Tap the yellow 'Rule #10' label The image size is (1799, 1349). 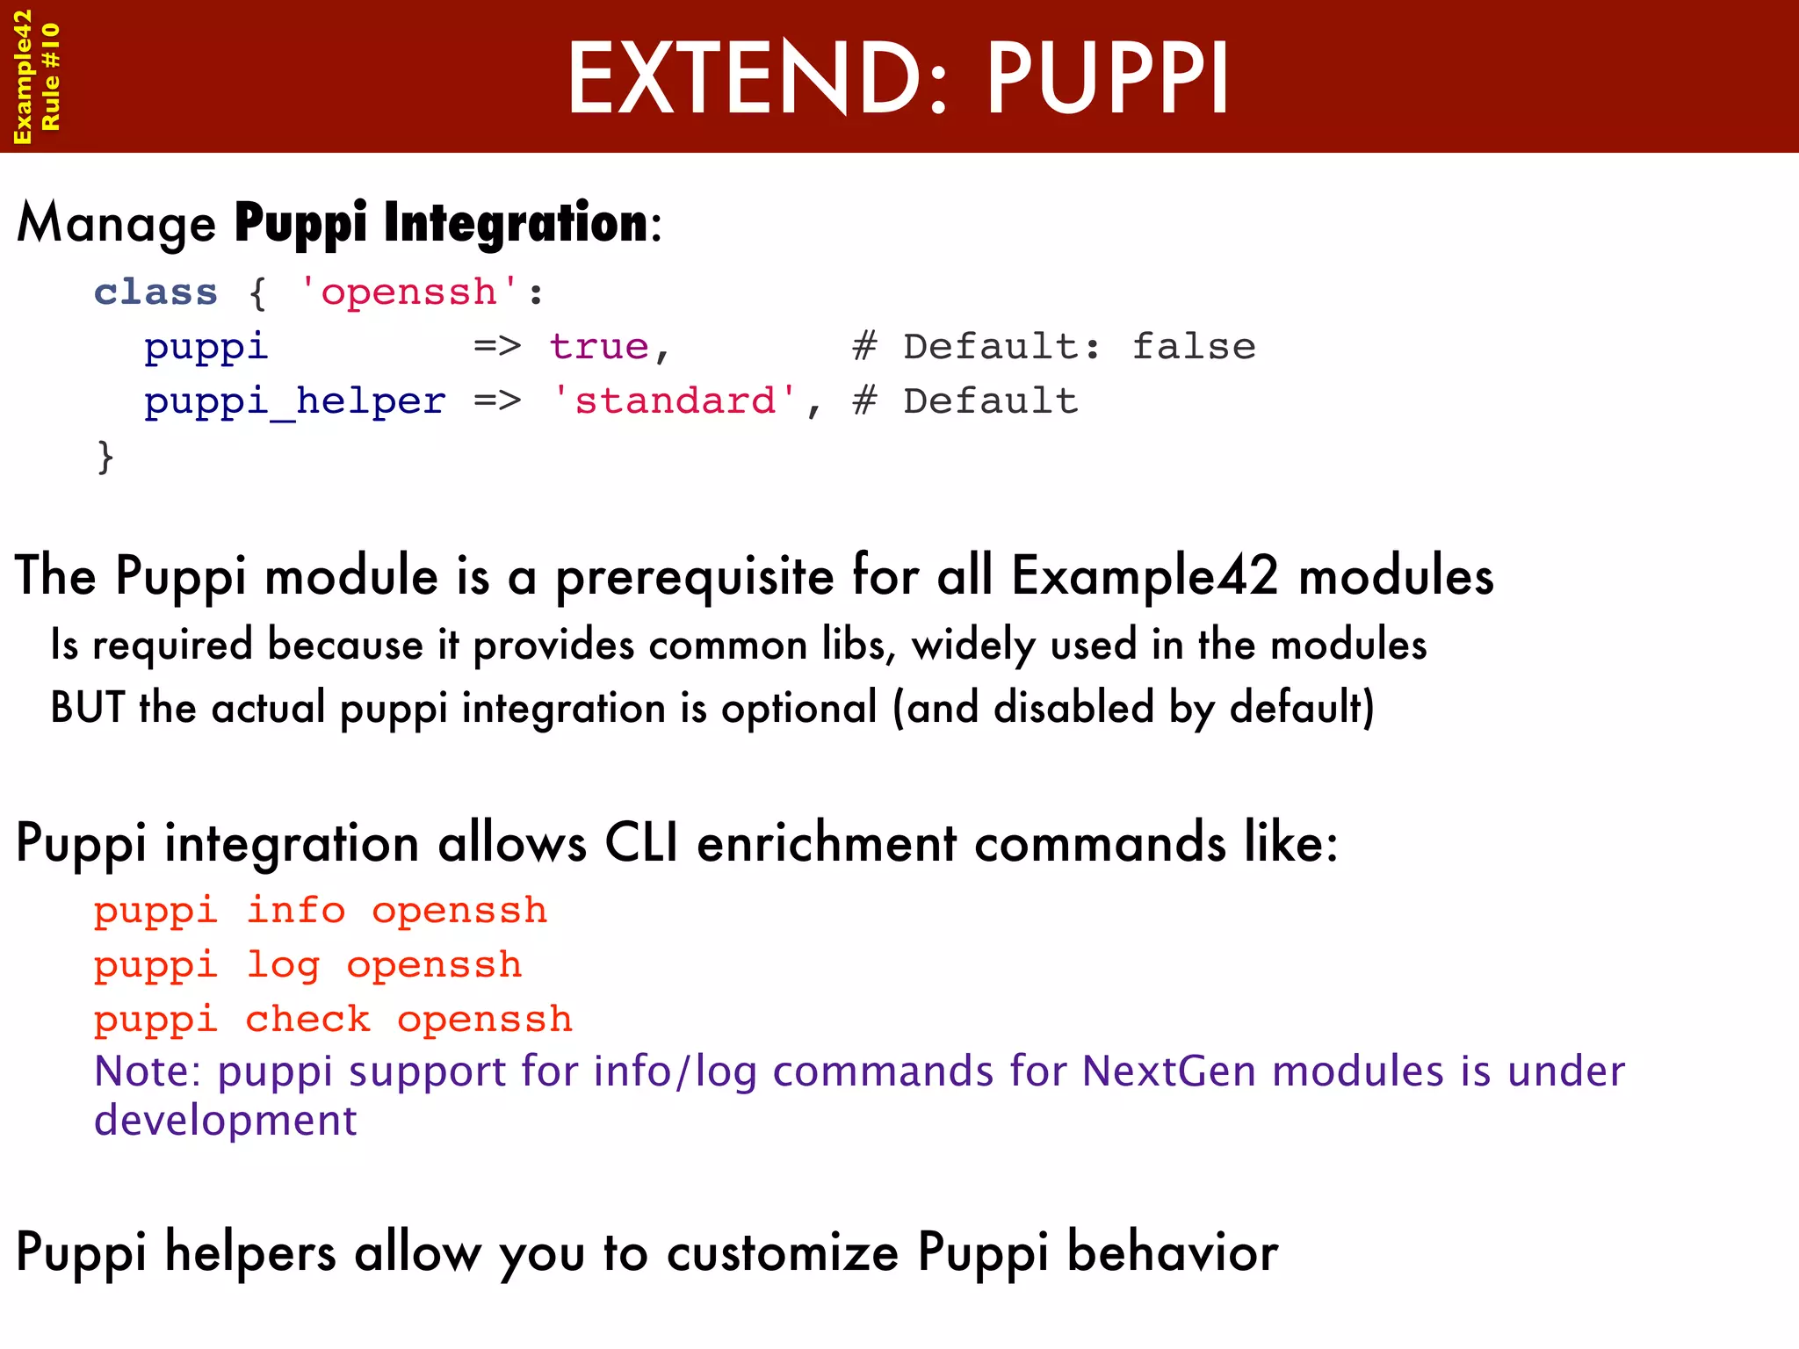[x=51, y=77]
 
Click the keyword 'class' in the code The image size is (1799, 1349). [x=155, y=292]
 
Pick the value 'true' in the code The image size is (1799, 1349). [x=599, y=347]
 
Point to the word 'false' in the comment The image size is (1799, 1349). [x=1193, y=347]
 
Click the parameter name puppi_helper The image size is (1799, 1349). [x=295, y=402]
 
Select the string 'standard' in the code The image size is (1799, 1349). [x=675, y=402]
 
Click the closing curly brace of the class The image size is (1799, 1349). [x=105, y=457]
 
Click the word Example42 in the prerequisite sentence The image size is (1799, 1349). [x=1145, y=577]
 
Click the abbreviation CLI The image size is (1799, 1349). [x=641, y=844]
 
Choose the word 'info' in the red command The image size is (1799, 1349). [x=296, y=911]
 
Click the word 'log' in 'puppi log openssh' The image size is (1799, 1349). [x=283, y=966]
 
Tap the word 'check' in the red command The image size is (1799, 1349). [x=307, y=1021]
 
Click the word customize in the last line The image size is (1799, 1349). [x=783, y=1252]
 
